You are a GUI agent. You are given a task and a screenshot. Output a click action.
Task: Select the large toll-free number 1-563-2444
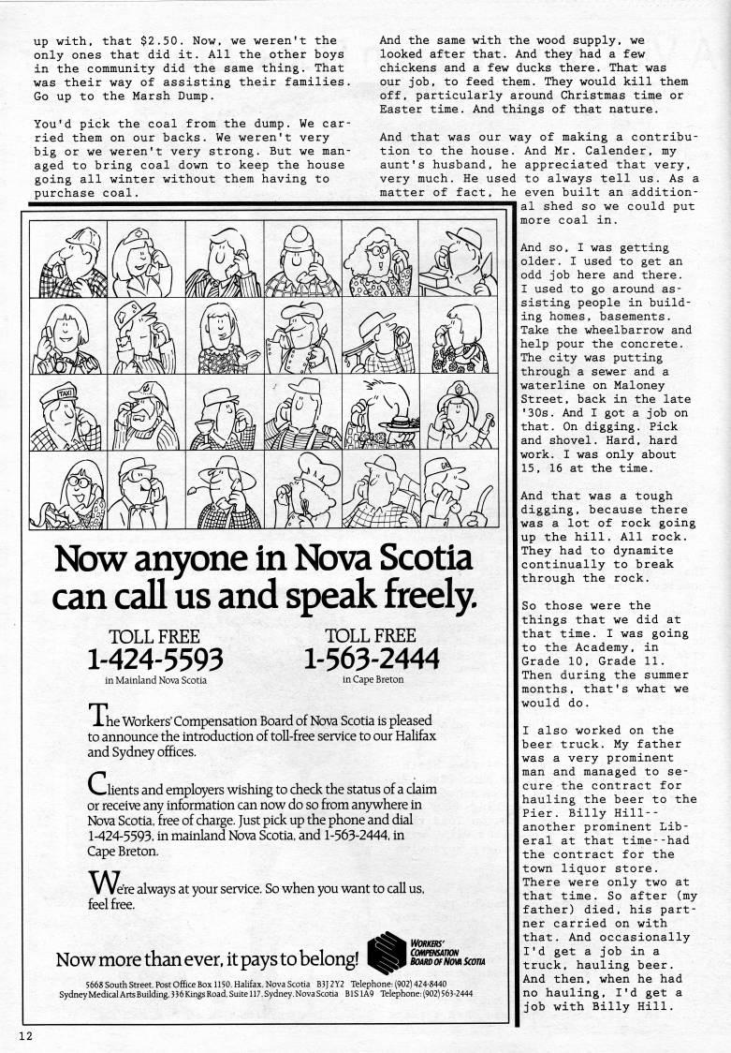pyautogui.click(x=373, y=660)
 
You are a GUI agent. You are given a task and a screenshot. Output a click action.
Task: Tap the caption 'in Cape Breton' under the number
pyautogui.click(x=373, y=680)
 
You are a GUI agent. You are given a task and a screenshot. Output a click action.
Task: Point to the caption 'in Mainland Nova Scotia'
pyautogui.click(x=155, y=681)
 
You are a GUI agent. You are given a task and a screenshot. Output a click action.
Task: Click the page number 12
pyautogui.click(x=22, y=1034)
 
